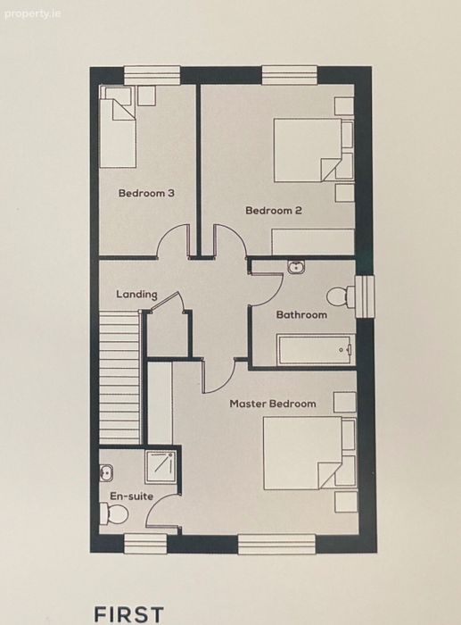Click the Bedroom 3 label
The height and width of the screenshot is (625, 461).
coord(146,194)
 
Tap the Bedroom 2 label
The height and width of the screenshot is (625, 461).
coord(274,210)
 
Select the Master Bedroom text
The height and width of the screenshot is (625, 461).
coord(273,404)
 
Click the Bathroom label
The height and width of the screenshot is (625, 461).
coord(301,315)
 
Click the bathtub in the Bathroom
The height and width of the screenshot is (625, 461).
coord(316,350)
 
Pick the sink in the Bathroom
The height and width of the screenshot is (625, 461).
coord(296,267)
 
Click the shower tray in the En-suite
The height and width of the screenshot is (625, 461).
coord(160,467)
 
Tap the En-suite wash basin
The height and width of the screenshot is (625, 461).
coord(106,472)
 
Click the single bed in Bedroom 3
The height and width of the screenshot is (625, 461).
coord(118,127)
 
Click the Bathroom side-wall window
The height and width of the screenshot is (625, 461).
coord(365,297)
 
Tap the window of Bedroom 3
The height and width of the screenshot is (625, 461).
coord(152,75)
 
